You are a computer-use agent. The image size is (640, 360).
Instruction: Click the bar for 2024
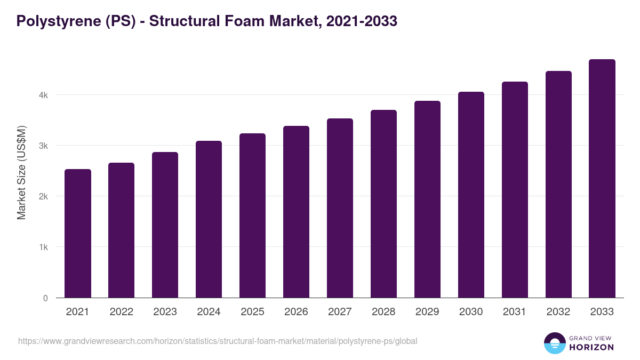[209, 219]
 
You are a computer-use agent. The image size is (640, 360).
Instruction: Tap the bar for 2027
[340, 208]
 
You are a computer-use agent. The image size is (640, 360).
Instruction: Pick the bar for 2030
[471, 195]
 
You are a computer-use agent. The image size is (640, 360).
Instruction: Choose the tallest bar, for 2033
[602, 179]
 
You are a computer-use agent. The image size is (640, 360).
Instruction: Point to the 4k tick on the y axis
[43, 95]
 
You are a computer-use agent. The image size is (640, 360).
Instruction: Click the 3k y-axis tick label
[43, 146]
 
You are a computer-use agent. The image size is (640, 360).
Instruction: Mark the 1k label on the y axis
[43, 247]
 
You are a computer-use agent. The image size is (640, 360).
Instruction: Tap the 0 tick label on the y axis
[45, 298]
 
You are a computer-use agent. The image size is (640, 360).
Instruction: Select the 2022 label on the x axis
[121, 312]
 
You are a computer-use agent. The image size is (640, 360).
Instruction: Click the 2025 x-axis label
[252, 312]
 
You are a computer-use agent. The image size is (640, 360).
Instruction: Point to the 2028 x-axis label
[383, 312]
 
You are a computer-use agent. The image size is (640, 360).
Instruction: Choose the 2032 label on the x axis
[558, 312]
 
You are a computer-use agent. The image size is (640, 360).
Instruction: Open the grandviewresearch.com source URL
[218, 341]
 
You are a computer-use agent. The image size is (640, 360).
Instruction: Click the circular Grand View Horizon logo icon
[554, 343]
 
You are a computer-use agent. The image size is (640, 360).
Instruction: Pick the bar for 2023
[165, 225]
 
